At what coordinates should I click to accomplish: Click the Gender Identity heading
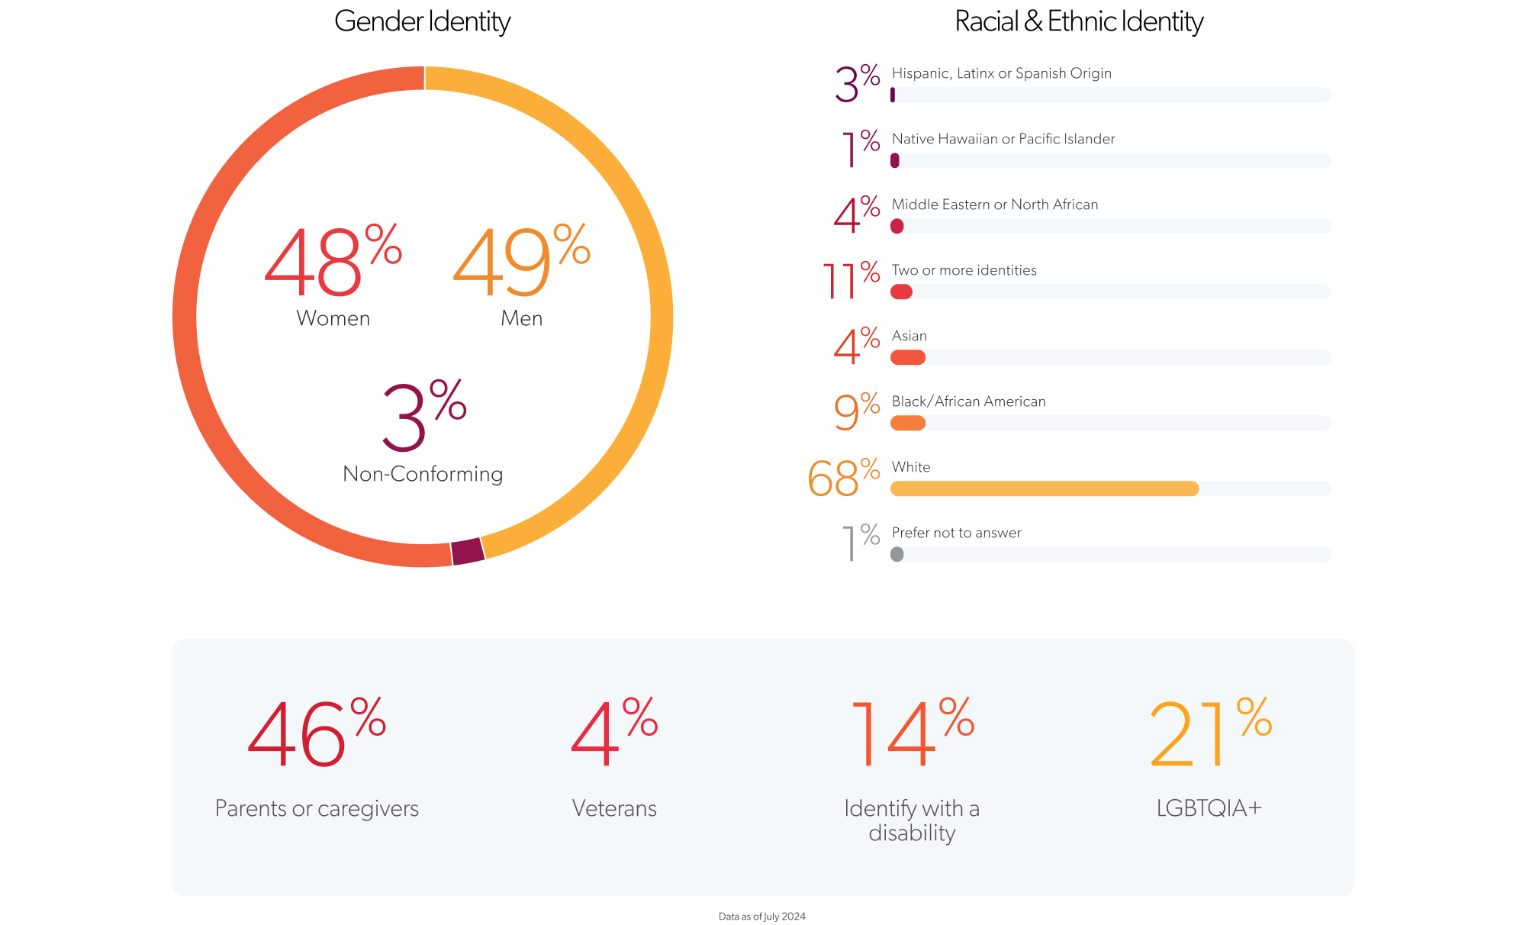[x=422, y=21]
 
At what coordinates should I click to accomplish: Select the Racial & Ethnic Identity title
[x=1078, y=21]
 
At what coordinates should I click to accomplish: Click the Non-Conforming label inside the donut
[x=423, y=474]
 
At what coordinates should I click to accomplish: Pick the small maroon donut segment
[x=468, y=551]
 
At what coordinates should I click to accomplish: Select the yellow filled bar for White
[x=1044, y=488]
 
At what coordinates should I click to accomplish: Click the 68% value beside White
[x=843, y=478]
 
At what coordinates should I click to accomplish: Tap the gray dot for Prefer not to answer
[x=897, y=554]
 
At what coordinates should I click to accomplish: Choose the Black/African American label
[x=968, y=401]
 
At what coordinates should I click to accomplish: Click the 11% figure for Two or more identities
[x=850, y=281]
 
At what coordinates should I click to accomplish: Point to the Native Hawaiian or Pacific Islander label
[x=1003, y=139]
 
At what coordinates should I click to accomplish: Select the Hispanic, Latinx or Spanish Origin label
[x=1001, y=73]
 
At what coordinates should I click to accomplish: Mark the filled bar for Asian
[x=908, y=357]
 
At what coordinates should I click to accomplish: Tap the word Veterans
[x=614, y=808]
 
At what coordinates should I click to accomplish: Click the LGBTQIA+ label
[x=1209, y=808]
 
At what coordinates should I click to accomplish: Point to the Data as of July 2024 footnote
[x=761, y=917]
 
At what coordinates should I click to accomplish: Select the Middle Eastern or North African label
[x=994, y=205]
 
